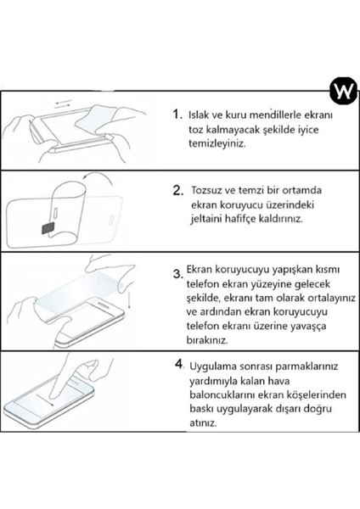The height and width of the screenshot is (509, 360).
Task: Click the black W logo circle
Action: point(343,91)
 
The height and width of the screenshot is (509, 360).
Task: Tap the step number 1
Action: point(177,114)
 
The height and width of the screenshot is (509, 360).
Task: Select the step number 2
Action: point(178,190)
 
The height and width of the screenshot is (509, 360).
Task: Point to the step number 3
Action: point(178,274)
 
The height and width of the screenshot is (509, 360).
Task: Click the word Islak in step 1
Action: point(199,115)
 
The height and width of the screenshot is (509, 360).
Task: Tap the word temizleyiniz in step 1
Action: point(217,143)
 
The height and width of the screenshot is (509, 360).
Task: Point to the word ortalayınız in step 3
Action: point(331,298)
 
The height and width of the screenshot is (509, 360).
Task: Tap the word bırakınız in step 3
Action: point(207,340)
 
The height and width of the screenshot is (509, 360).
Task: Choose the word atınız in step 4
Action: point(203,423)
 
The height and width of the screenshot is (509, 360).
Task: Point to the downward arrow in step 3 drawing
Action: point(130,300)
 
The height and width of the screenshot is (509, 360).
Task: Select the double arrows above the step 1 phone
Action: point(64,103)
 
